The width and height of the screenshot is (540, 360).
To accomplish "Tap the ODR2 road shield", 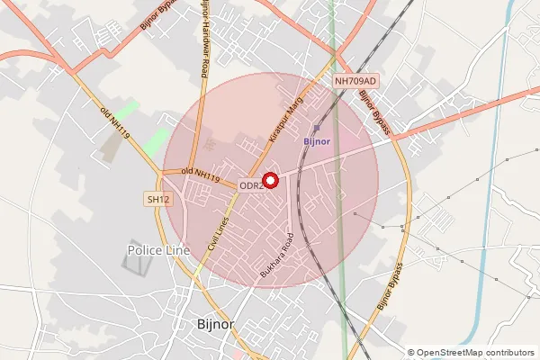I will (250, 185).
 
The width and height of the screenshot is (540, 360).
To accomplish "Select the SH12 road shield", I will (157, 199).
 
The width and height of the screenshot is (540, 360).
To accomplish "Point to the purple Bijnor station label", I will (317, 141).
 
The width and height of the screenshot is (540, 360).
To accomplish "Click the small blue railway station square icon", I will (316, 128).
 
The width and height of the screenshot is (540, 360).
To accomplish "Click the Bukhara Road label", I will (277, 255).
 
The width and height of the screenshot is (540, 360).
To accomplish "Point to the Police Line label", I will (158, 249).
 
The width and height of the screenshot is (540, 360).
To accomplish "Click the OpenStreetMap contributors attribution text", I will (476, 353).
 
